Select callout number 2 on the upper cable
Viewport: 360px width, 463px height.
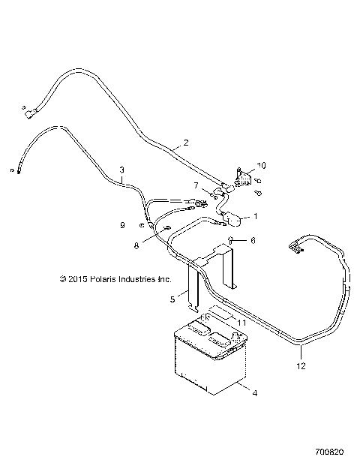point(186,142)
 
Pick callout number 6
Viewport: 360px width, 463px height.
point(253,241)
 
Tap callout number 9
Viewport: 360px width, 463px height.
point(122,224)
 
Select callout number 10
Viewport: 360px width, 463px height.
point(261,165)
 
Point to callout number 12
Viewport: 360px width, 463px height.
point(301,367)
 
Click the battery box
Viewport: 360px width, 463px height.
point(208,360)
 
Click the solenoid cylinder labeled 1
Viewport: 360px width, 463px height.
point(235,221)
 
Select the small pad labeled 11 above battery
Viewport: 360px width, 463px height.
point(221,313)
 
